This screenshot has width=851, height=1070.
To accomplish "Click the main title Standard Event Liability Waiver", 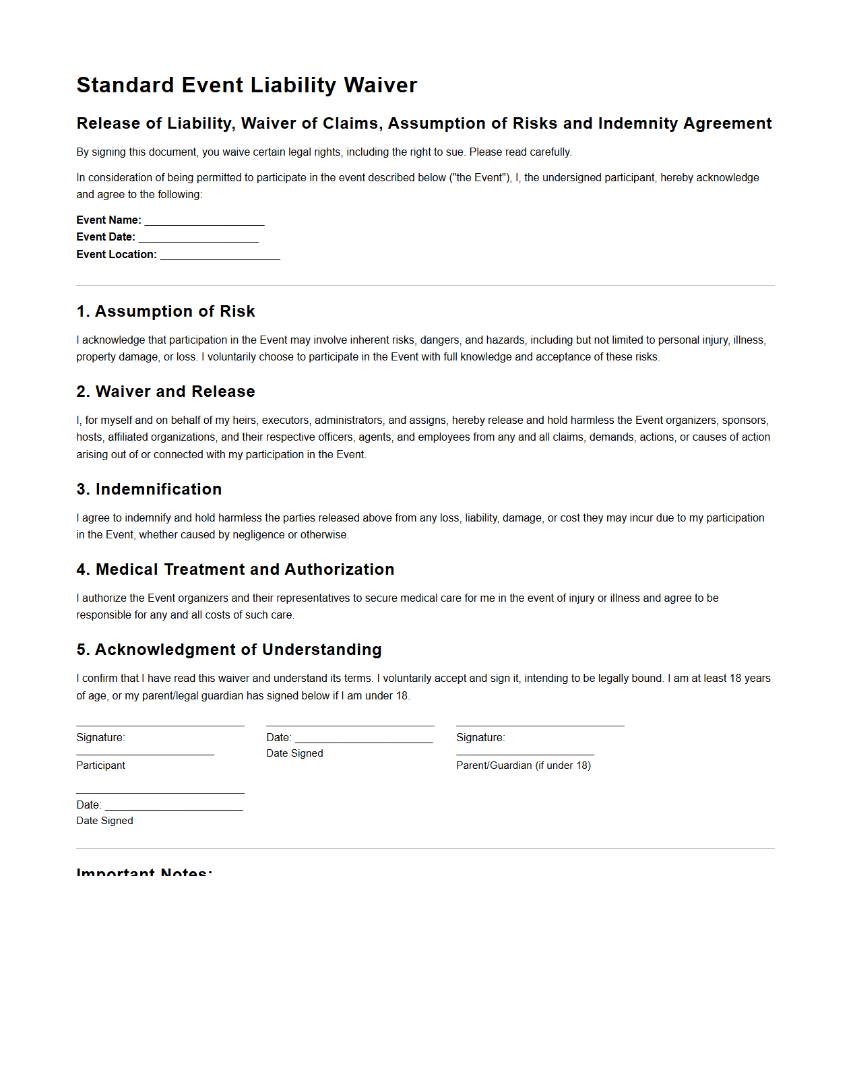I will tap(247, 86).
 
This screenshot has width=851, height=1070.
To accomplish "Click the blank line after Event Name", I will tap(204, 221).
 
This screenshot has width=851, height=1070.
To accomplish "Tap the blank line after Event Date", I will tap(198, 238).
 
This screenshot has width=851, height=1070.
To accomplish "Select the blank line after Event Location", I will tap(220, 255).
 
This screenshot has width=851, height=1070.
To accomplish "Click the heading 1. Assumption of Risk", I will tap(166, 311).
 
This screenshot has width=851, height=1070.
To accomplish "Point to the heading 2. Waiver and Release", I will tap(166, 391).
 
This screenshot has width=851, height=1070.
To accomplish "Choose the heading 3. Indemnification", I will tap(149, 489).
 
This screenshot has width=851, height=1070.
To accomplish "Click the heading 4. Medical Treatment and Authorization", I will tap(235, 569).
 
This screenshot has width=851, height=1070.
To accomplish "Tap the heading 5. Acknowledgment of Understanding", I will tap(229, 650).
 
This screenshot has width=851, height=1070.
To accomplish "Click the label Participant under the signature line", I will tap(101, 765).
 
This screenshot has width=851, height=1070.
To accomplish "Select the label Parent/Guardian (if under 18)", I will tap(524, 765).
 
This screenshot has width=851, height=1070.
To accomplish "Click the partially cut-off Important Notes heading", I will tap(144, 871).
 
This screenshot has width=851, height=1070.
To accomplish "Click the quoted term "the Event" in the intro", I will tap(480, 178).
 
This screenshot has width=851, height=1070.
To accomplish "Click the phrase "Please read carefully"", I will tap(520, 152).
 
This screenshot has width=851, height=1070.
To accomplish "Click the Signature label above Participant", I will tap(100, 738).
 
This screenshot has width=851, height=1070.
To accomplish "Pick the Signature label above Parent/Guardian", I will tap(480, 738).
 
